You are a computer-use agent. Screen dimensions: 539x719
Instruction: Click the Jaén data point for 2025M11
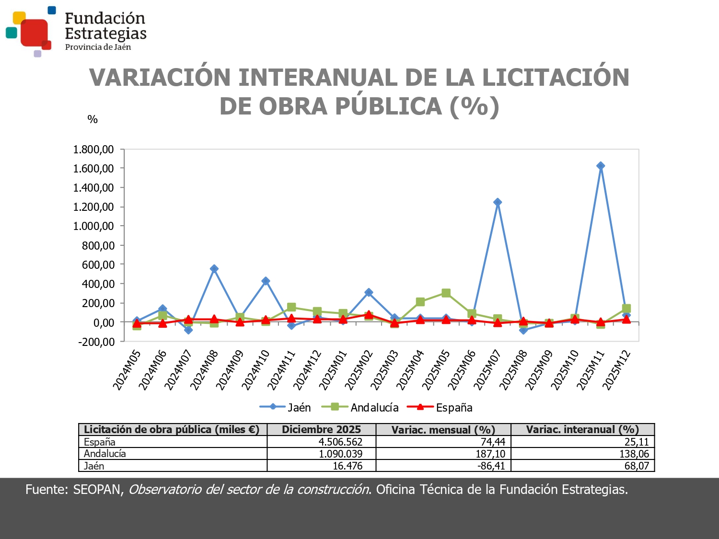600,166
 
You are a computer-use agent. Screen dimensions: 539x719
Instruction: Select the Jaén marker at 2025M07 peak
498,202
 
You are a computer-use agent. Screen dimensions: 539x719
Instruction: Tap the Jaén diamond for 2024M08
214,269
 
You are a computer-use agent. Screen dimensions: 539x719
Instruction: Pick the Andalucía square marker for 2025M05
446,293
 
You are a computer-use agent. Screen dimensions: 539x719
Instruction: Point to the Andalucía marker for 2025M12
626,309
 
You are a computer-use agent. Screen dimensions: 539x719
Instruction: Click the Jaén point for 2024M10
266,281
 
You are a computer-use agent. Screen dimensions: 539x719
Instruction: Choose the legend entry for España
440,408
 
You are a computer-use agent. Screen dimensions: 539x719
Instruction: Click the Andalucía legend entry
360,408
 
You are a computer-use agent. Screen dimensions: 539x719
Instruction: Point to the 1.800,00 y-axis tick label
93,149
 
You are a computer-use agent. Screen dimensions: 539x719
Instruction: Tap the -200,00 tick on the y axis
96,342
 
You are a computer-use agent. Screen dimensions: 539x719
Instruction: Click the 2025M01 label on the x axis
333,370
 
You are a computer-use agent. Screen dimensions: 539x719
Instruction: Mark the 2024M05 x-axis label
127,370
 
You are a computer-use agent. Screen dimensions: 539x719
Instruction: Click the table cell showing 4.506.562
340,442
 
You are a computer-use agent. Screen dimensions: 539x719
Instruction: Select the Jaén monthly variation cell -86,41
492,466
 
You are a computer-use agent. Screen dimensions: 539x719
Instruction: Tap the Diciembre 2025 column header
321,429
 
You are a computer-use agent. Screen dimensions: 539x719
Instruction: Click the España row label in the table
100,442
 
